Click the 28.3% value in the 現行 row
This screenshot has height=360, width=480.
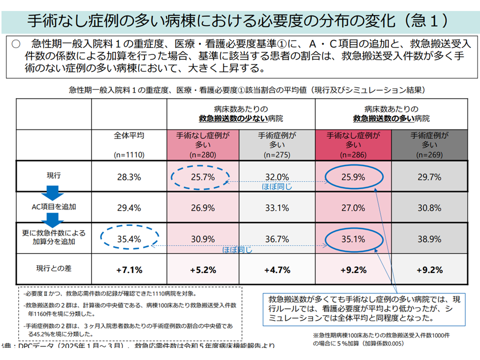[129, 177]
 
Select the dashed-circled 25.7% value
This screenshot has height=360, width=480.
[202, 177]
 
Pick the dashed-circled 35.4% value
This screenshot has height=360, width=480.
[129, 239]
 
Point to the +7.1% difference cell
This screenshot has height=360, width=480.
[129, 269]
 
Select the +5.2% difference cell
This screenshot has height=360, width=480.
[202, 269]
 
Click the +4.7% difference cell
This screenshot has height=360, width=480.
[277, 269]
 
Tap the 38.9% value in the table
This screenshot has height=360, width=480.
[428, 239]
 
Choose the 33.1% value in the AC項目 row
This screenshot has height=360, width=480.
[277, 207]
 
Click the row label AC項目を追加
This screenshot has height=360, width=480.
[53, 206]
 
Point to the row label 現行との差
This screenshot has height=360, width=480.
[53, 268]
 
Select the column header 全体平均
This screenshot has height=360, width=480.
[129, 135]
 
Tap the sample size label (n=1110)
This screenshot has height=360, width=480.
[129, 155]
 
